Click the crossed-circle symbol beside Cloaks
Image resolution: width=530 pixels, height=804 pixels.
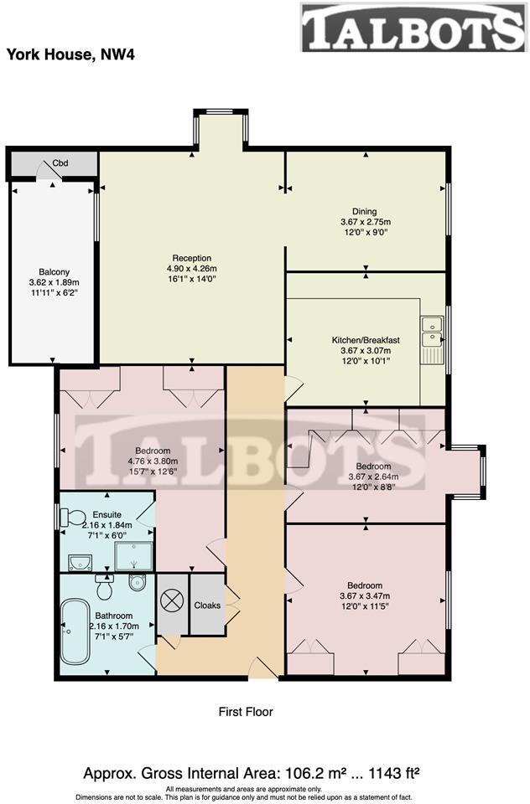173,601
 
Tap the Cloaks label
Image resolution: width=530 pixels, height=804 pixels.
207,605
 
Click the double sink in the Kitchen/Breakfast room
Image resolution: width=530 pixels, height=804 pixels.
433,331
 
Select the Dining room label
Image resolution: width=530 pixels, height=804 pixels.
364,212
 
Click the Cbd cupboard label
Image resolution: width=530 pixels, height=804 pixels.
60,163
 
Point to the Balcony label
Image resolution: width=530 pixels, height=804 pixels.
55,272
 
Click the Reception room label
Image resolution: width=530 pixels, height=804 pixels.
191,258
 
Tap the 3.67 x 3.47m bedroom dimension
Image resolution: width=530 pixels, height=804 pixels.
365,596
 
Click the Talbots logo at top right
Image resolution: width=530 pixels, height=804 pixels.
413,28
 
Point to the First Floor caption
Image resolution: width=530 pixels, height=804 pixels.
246,712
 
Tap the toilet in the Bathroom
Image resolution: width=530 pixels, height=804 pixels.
105,589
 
